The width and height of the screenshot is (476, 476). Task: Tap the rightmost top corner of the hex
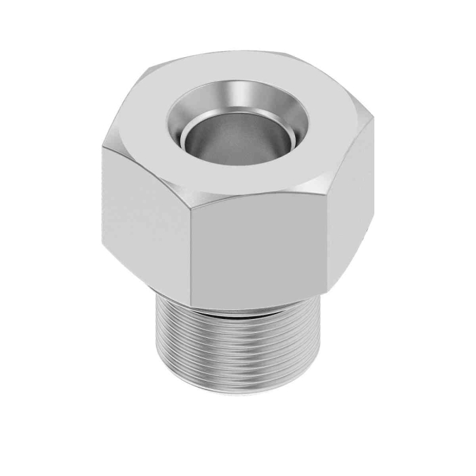pyautogui.click(x=373, y=121)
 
